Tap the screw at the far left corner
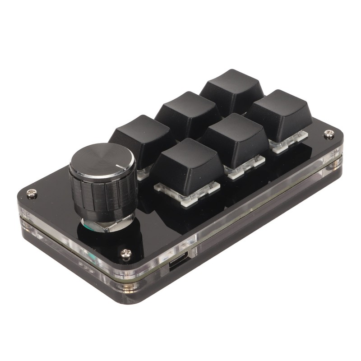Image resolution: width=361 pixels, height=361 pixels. pos(31,193)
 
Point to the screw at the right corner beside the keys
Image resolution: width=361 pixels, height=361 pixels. pos(329,134)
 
